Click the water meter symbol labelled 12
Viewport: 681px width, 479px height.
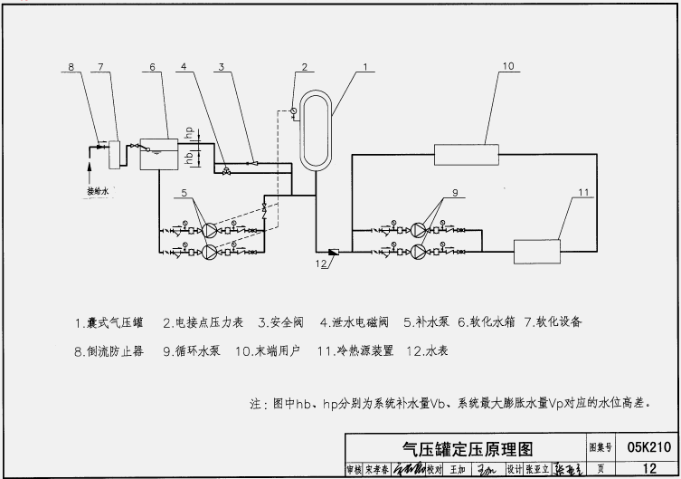click(332, 252)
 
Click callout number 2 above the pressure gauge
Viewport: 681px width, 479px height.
click(305, 67)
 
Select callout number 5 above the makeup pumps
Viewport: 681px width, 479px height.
click(184, 192)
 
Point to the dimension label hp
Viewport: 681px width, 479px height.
click(189, 132)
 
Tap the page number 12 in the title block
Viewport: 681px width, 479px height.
click(648, 468)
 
